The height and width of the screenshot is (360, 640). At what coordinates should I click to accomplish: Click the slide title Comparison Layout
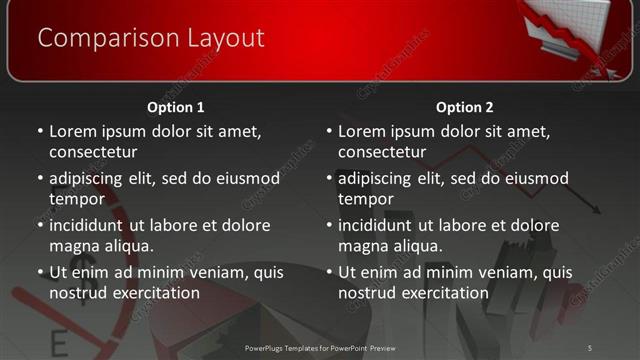[x=151, y=38]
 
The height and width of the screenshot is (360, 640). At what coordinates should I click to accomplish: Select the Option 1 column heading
[x=176, y=107]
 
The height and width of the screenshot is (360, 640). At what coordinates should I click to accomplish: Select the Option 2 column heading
[x=465, y=107]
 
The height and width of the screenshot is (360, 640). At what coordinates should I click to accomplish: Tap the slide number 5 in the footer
[x=589, y=347]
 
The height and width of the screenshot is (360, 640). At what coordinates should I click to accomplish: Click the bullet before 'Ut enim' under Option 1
[x=39, y=273]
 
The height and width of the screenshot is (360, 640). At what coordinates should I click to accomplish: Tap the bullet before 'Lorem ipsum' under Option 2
[x=328, y=132]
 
